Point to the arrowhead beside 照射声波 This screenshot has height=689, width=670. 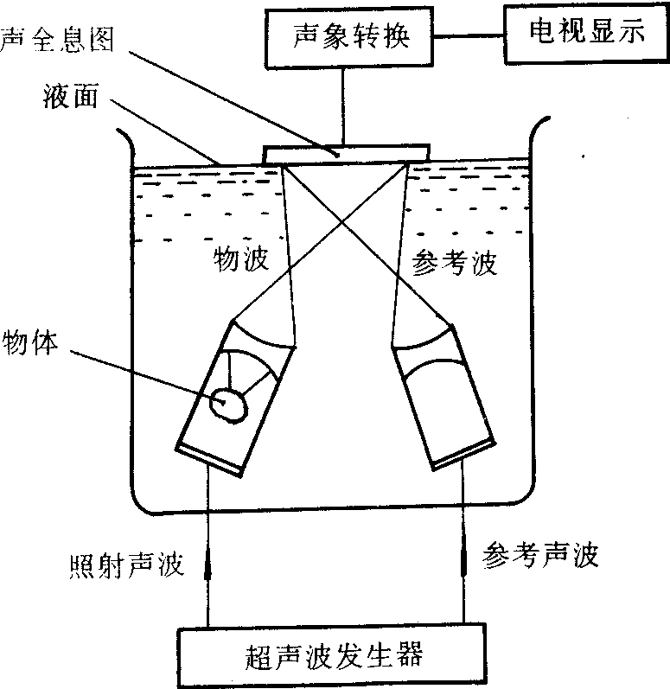click(207, 566)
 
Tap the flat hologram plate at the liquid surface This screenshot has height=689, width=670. click(346, 153)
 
